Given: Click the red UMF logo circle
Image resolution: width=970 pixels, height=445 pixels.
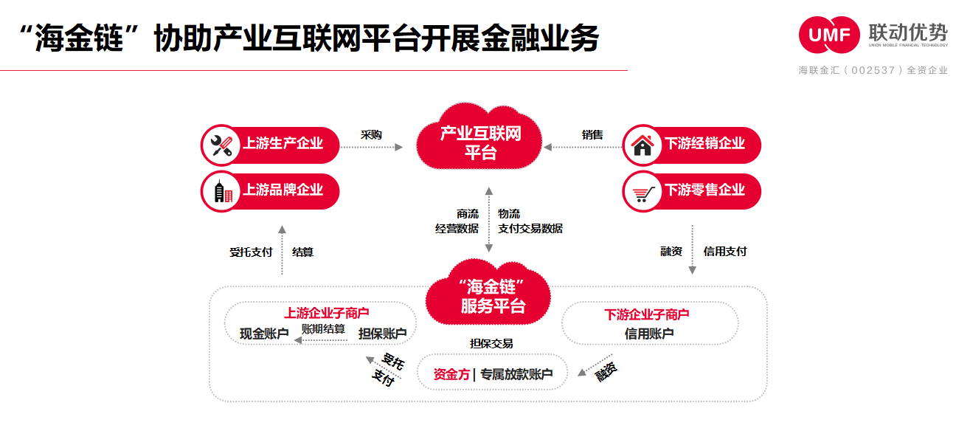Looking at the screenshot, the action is [x=829, y=35].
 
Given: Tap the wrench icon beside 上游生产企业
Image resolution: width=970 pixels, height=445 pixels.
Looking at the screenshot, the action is [x=221, y=145].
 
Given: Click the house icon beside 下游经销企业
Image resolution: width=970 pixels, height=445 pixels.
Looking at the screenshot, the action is [x=642, y=145].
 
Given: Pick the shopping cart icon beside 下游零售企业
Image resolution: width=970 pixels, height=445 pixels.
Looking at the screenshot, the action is [x=643, y=193].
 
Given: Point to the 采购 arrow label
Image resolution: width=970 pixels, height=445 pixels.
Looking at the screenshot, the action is [x=371, y=135].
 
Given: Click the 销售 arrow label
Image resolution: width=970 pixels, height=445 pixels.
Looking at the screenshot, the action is [x=592, y=135].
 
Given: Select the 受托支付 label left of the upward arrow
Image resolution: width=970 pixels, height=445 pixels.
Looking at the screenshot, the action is [x=251, y=252].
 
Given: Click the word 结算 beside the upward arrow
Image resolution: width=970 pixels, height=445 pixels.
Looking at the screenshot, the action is [x=302, y=252].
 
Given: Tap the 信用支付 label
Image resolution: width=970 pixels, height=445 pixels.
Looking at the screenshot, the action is [x=725, y=252].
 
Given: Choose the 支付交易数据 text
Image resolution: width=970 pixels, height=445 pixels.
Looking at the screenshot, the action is [x=530, y=228].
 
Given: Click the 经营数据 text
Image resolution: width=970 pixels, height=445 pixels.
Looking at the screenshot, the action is [x=457, y=228].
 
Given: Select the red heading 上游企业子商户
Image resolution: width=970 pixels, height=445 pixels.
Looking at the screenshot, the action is [x=327, y=313].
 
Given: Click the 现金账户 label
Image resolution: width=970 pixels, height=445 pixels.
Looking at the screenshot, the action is [x=264, y=334].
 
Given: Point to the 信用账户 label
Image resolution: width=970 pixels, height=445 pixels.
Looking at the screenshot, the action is [x=648, y=334].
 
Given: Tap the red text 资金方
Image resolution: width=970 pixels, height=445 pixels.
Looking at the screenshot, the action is [x=451, y=374].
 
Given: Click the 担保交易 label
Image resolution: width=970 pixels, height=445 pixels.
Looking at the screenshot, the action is [x=491, y=344].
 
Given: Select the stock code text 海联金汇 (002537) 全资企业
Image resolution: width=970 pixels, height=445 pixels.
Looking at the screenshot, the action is [x=873, y=70].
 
